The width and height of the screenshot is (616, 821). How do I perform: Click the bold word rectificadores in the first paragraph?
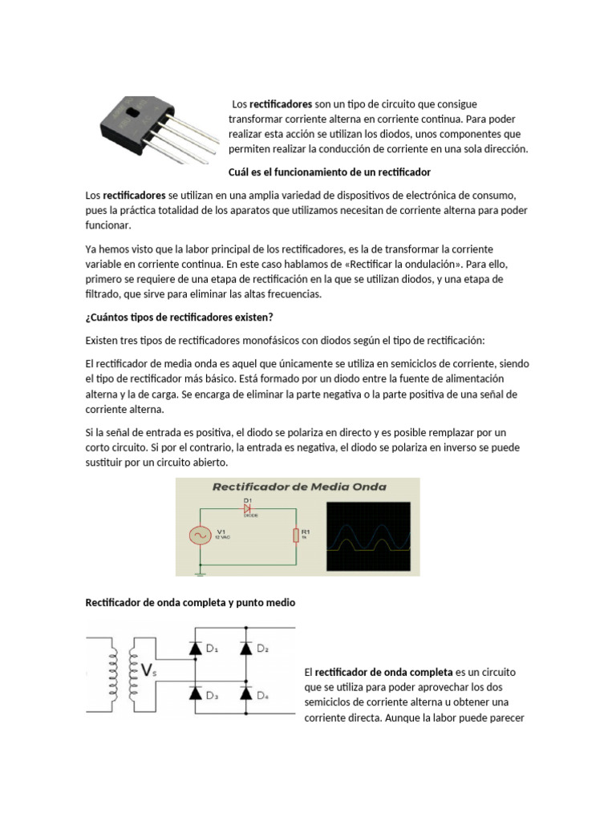click(x=280, y=104)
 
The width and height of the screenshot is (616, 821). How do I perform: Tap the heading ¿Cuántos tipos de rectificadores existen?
click(x=180, y=317)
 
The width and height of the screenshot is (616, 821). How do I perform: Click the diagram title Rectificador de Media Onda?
click(x=298, y=487)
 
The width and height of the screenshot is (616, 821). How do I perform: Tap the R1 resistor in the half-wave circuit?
click(x=294, y=535)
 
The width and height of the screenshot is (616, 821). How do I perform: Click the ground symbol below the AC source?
click(x=199, y=572)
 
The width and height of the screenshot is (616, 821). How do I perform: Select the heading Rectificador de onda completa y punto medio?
click(x=191, y=603)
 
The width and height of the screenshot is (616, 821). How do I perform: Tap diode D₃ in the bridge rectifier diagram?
click(x=194, y=695)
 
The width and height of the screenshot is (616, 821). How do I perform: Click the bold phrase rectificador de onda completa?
click(x=383, y=672)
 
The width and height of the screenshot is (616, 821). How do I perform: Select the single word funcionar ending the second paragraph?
click(x=107, y=226)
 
